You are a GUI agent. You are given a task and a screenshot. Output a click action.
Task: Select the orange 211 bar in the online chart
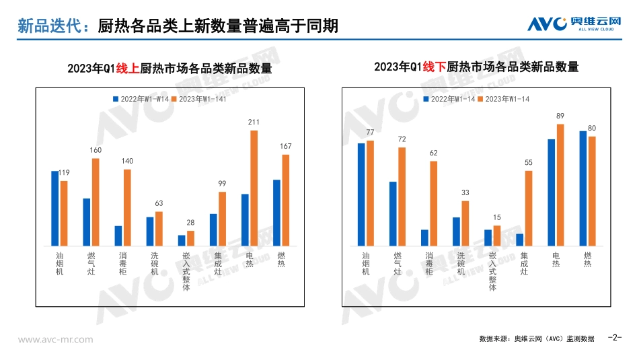pos(254,188)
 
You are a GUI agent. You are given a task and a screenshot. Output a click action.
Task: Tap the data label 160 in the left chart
pos(96,150)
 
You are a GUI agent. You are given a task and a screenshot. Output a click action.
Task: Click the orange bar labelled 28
pos(190,238)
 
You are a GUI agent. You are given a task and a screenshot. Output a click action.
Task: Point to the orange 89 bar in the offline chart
pos(560,185)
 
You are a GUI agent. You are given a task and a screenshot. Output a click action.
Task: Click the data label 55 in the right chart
pos(528,162)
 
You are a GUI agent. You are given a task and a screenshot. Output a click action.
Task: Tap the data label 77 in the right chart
pos(370,132)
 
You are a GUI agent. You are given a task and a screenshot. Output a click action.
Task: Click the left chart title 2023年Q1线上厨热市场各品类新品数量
pos(170,69)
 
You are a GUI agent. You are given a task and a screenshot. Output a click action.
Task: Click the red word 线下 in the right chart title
pos(435,67)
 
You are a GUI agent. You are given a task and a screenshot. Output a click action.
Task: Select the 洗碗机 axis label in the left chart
pos(155,263)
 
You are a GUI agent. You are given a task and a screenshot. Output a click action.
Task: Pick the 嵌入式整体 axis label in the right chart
pos(492,272)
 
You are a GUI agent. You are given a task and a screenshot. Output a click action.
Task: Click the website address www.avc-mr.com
pos(56,339)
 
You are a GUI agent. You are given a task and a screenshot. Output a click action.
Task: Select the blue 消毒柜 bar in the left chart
pos(118,236)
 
